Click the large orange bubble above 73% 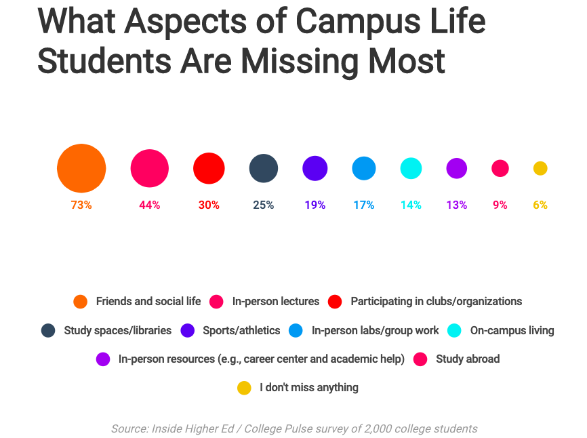pyautogui.click(x=81, y=168)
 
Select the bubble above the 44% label pyautogui.click(x=149, y=168)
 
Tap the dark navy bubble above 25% pyautogui.click(x=264, y=168)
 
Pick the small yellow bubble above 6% pyautogui.click(x=540, y=168)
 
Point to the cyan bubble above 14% pyautogui.click(x=411, y=168)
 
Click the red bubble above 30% pyautogui.click(x=209, y=168)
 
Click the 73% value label pyautogui.click(x=81, y=205)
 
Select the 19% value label pyautogui.click(x=315, y=205)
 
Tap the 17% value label pyautogui.click(x=363, y=205)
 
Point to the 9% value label pyautogui.click(x=500, y=205)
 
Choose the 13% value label pyautogui.click(x=456, y=205)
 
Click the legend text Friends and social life pyautogui.click(x=147, y=301)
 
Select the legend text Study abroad pyautogui.click(x=468, y=359)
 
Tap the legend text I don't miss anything pyautogui.click(x=308, y=388)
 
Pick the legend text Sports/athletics pyautogui.click(x=241, y=330)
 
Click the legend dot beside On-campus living pyautogui.click(x=454, y=330)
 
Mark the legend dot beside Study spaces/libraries pyautogui.click(x=48, y=330)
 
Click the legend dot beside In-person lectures pyautogui.click(x=217, y=301)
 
